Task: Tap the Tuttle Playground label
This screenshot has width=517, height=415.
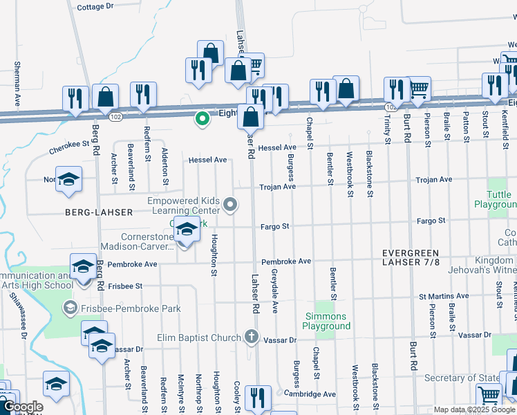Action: pos(495,200)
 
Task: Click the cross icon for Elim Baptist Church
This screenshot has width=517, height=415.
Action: pos(252,338)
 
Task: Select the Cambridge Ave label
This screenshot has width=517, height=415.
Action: pos(310,394)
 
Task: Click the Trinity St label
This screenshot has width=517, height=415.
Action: pos(387,124)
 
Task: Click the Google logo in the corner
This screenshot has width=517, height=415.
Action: pos(23,407)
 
